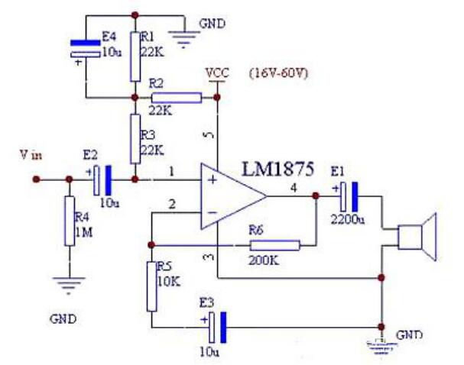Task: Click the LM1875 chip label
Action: pos(278,169)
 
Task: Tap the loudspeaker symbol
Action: pos(417,237)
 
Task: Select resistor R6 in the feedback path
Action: pos(275,245)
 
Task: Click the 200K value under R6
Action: pos(264,260)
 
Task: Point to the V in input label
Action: pos(31,155)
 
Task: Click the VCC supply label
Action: pos(218,73)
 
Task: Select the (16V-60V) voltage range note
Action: pos(278,73)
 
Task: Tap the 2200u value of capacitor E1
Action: pos(348,220)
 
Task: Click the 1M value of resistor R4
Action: pos(84,233)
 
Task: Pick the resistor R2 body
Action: pos(177,98)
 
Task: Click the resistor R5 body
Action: pos(152,286)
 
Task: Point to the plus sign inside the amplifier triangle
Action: pos(213,179)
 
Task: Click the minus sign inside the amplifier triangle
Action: pos(212,212)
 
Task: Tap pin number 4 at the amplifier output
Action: pos(294,188)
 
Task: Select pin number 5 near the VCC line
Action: pos(209,134)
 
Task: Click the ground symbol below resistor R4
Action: pos(70,285)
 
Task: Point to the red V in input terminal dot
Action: pos(36,179)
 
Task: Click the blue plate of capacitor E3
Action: pos(224,327)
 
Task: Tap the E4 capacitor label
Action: pos(109,37)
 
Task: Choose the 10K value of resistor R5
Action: pos(169,281)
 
